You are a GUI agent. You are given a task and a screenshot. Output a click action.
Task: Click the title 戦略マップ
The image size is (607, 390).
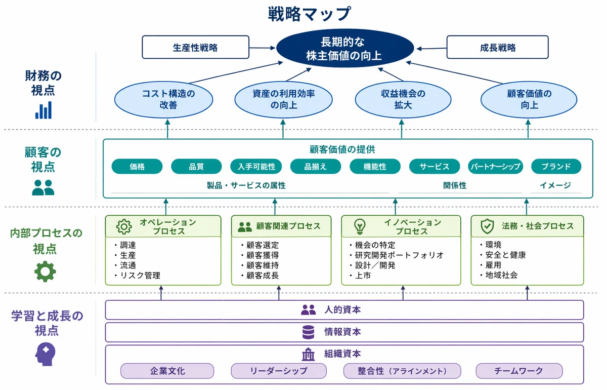pos(310,14)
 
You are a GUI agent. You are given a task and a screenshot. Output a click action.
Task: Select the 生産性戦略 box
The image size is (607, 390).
pos(195,47)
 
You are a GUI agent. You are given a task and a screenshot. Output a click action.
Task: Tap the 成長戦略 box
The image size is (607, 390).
pos(498,47)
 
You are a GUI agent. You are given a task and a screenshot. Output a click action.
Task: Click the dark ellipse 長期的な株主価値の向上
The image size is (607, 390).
pos(344,48)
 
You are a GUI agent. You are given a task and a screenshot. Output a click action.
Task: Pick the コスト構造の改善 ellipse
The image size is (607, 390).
pos(163,100)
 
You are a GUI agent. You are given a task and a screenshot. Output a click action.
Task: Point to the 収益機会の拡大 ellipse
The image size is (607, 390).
pos(403,100)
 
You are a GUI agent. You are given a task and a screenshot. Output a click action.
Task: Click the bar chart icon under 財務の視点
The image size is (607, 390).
pos(44,110)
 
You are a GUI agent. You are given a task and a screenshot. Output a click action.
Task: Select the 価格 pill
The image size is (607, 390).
pos(137,166)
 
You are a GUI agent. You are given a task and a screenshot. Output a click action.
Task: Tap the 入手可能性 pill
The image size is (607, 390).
pos(256,166)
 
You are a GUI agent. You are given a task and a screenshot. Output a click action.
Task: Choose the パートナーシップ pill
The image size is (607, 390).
pos(495,166)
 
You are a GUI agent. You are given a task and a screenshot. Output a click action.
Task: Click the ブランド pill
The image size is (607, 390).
pos(556,166)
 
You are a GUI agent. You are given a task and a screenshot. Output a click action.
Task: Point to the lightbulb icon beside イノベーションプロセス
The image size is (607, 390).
pos(360,226)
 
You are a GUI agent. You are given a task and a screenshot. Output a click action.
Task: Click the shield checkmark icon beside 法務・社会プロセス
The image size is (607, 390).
pos(487,226)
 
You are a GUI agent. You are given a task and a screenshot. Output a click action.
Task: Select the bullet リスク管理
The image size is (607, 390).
pos(137,276)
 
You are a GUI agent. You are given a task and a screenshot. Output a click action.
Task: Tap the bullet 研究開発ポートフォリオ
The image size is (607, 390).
pos(396,255)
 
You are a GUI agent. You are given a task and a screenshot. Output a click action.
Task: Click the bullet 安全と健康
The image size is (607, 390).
pos(503,255)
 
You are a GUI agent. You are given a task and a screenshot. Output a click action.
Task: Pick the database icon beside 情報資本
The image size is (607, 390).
pos(308,332)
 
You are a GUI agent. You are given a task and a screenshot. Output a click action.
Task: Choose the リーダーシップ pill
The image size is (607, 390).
pos(279,371)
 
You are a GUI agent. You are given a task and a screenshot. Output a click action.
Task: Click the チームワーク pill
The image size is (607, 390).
pos(519,371)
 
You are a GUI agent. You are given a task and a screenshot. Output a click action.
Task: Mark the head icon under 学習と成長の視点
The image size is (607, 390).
pos(45,354)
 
